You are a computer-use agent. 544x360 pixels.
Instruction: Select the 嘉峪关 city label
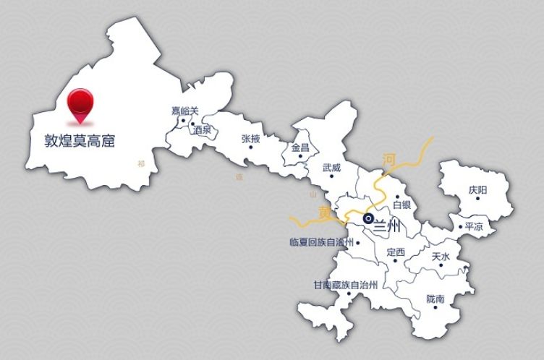(184, 111)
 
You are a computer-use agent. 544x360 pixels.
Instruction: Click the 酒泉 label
(202, 130)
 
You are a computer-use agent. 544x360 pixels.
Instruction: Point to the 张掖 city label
(251, 138)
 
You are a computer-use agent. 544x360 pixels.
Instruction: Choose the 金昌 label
(300, 147)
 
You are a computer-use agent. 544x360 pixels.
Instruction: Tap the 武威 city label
(331, 166)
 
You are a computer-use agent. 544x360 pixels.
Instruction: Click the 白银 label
(401, 205)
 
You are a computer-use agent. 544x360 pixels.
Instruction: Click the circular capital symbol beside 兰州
(368, 218)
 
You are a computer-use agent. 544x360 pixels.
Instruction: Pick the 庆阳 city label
(477, 189)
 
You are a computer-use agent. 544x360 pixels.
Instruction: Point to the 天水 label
(441, 257)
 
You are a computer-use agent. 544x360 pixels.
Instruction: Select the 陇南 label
(435, 298)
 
